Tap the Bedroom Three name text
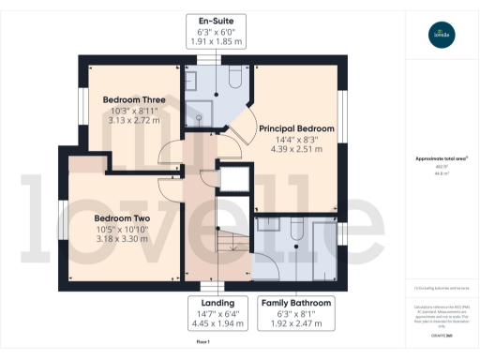click(135, 99)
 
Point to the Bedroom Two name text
click(117, 217)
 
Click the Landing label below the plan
click(216, 303)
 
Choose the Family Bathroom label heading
click(295, 303)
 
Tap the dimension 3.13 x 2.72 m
click(135, 121)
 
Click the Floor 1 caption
click(202, 344)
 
